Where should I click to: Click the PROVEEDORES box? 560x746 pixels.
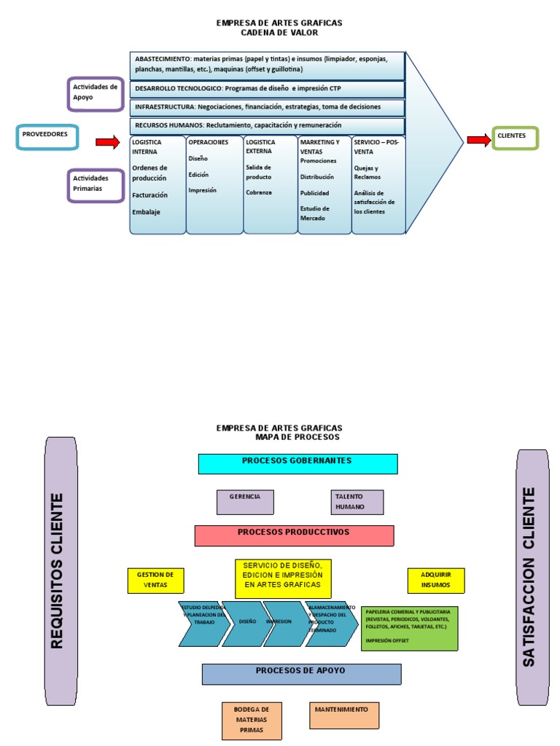(x=47, y=137)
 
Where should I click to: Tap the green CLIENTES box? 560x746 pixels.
(x=516, y=138)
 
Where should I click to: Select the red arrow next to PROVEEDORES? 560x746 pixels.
(x=108, y=141)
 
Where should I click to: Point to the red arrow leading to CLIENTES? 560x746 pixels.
(x=479, y=140)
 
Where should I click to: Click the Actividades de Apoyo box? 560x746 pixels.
(x=96, y=93)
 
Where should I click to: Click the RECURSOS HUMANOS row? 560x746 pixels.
(x=268, y=126)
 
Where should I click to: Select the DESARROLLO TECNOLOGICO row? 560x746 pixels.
(x=268, y=89)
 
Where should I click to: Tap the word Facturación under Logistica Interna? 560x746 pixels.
(x=150, y=195)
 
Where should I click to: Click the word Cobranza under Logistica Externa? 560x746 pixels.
(x=259, y=192)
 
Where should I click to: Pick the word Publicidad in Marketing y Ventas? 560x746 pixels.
(x=314, y=193)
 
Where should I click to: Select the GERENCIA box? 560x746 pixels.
(x=245, y=502)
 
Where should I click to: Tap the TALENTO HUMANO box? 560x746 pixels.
(x=356, y=502)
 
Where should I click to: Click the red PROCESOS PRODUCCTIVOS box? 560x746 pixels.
(x=294, y=535)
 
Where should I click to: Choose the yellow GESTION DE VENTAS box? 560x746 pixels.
(x=155, y=580)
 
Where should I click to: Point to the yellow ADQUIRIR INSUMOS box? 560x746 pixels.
(x=435, y=580)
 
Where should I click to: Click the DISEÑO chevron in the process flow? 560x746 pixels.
(x=247, y=622)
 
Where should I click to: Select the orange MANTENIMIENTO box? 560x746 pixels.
(x=344, y=715)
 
